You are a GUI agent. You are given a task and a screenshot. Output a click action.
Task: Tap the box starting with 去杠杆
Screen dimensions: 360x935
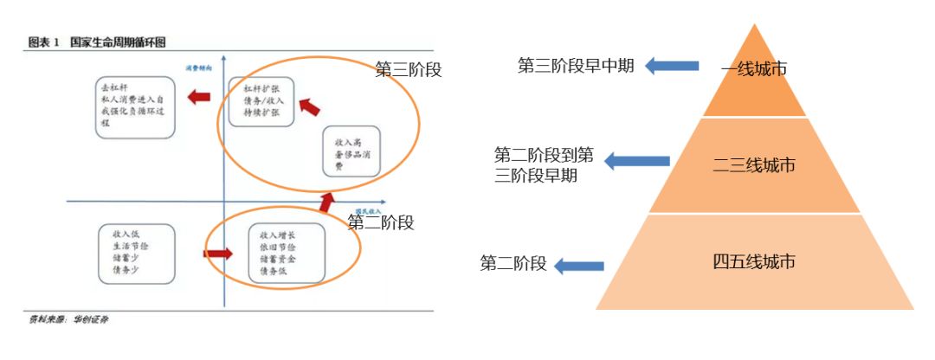tap(135, 106)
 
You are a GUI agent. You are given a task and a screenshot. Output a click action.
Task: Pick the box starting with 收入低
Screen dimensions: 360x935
tap(136, 252)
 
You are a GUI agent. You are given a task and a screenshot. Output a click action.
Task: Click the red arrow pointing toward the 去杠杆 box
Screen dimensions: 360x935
tap(201, 97)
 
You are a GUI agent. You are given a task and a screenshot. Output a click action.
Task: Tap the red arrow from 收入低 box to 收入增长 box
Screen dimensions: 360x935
tap(219, 254)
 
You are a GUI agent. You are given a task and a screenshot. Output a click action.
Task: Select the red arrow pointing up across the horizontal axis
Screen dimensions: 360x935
tap(326, 202)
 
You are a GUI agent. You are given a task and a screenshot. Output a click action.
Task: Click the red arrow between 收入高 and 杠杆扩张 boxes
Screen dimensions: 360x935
tap(309, 106)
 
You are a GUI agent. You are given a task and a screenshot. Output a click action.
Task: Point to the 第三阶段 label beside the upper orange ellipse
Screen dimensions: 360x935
tap(409, 70)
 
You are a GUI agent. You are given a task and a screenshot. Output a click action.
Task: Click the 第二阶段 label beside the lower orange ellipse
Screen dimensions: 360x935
tap(381, 222)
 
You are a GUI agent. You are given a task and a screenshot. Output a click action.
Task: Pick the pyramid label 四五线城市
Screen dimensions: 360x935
tap(754, 261)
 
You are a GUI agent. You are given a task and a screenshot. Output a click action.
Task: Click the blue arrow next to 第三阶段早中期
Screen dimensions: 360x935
tap(672, 65)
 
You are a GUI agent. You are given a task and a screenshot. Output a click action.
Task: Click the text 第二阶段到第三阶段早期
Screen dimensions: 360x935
tap(545, 164)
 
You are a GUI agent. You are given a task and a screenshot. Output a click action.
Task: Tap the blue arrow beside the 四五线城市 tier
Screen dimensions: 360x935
tap(579, 266)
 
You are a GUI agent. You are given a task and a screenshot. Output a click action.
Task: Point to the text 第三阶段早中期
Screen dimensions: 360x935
tap(577, 65)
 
